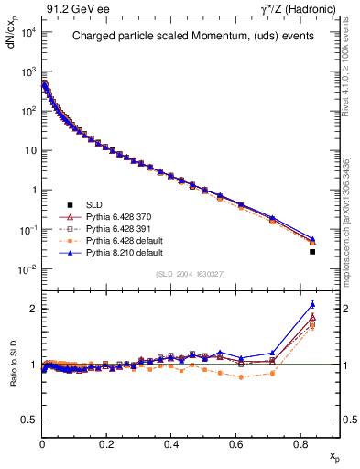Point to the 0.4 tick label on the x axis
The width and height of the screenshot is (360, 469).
[171, 442]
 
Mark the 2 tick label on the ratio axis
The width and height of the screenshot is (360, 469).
[32, 309]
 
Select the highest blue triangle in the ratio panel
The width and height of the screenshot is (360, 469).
[312, 305]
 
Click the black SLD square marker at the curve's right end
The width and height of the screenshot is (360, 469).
[312, 251]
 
